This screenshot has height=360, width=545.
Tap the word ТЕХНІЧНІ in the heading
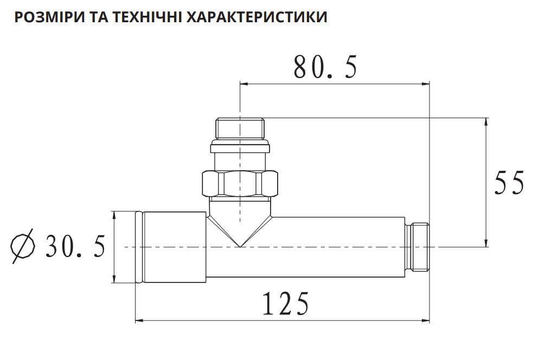142,17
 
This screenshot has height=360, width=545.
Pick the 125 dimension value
286,304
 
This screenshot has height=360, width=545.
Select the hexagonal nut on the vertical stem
240,184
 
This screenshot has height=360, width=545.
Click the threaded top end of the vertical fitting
240,127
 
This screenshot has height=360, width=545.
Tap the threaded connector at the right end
418,247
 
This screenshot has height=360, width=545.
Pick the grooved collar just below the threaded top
240,146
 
